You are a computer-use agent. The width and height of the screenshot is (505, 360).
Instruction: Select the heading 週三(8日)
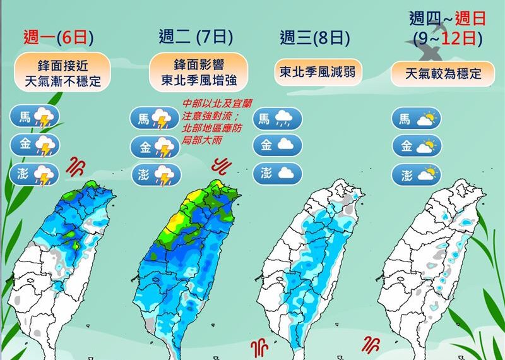click(314, 37)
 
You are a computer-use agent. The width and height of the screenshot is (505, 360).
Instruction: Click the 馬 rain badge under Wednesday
click(277, 118)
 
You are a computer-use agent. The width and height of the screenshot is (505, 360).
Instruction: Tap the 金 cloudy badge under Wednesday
click(277, 145)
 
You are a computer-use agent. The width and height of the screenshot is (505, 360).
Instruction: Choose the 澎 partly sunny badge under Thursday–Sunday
click(416, 173)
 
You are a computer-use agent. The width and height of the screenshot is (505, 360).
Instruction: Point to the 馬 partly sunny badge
click(416, 118)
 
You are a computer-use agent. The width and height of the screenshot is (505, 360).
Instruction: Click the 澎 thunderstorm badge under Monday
click(35, 174)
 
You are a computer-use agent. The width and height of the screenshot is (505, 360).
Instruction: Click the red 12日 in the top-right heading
click(460, 38)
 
